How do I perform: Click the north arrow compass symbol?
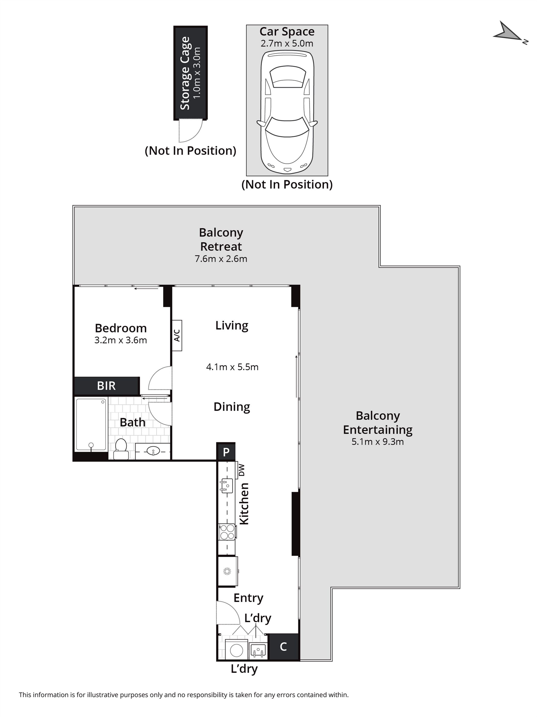point(509,33)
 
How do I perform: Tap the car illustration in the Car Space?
point(287,113)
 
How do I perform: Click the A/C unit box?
point(177,335)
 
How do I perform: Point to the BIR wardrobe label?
point(106,386)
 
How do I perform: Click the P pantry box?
point(226,452)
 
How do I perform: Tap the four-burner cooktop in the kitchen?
point(227,532)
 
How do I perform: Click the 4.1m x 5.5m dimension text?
point(232,367)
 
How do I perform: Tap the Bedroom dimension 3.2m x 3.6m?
point(120,340)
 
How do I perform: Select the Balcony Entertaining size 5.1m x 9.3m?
point(377,442)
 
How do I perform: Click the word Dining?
point(232,407)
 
